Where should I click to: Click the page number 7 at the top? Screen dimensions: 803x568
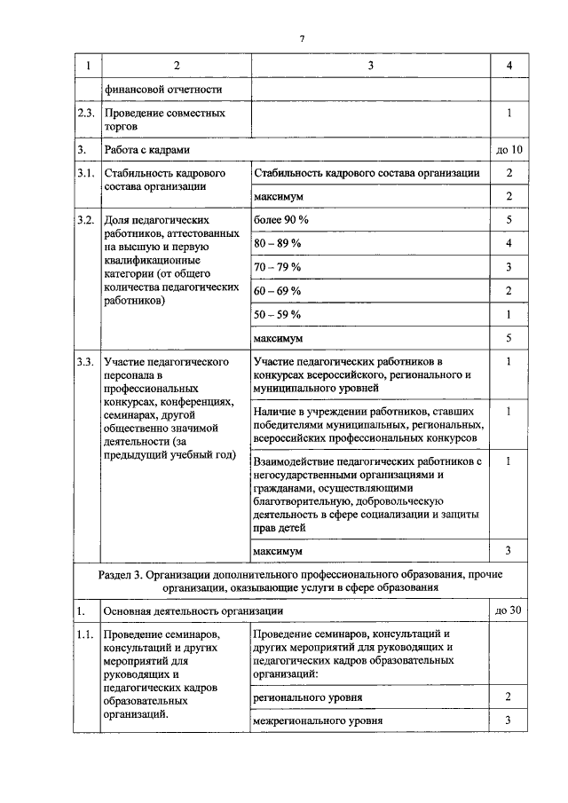click(303, 39)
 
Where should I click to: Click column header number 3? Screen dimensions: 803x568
click(370, 66)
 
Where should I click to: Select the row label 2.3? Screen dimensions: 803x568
click(85, 114)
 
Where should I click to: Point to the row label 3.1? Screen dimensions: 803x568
click(85, 173)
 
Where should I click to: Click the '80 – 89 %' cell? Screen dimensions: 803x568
click(278, 242)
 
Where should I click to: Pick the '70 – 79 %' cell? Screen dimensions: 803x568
click(278, 266)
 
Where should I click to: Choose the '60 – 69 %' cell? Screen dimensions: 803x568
click(278, 290)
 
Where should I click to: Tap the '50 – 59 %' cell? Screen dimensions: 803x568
click(278, 314)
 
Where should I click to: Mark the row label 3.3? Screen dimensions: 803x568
click(85, 362)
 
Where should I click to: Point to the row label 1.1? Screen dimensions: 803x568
click(85, 634)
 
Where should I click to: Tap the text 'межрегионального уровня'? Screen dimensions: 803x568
click(318, 720)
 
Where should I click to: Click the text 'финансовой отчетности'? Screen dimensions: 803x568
click(162, 90)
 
